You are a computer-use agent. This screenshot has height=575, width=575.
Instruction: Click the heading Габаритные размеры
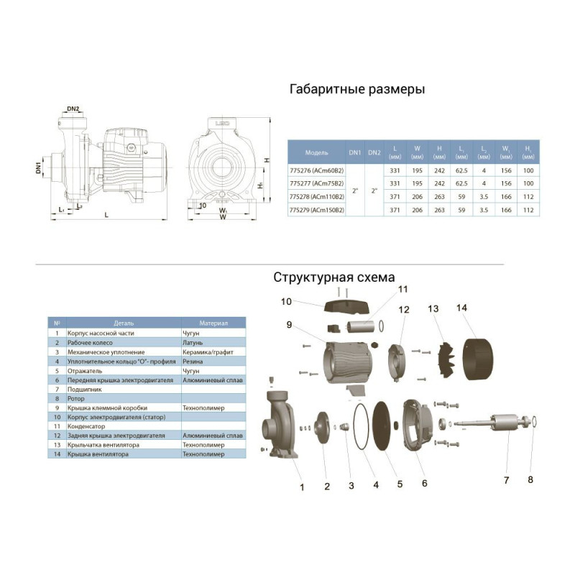(x=356, y=90)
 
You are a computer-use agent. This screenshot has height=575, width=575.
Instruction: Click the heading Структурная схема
(x=333, y=277)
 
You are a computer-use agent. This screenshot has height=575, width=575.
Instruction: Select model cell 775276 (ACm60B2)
(x=316, y=170)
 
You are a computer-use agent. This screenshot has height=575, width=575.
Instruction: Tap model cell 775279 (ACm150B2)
(x=316, y=210)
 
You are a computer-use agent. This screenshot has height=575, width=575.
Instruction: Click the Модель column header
(x=316, y=153)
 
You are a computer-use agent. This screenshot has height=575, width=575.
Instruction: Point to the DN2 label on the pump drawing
(x=73, y=109)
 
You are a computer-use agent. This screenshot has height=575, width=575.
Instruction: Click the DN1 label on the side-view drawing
(x=40, y=170)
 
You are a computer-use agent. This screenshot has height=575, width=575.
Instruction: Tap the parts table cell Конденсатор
(x=86, y=426)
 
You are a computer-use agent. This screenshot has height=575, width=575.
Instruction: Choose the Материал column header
(x=213, y=323)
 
